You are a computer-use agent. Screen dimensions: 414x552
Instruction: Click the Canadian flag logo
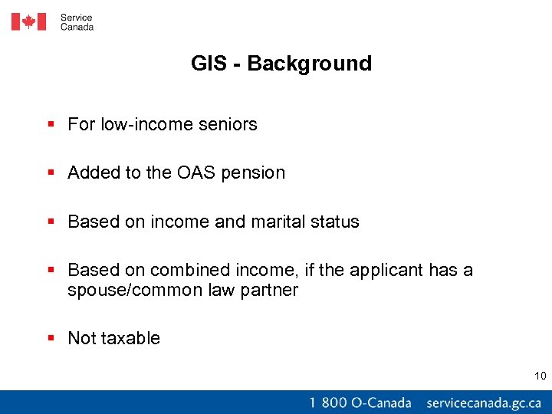[28, 21]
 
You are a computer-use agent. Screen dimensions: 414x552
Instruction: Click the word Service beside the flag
[77, 17]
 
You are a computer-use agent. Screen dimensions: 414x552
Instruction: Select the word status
[334, 222]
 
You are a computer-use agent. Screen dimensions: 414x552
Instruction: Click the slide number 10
[540, 376]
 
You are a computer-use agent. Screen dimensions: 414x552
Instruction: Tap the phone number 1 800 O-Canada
[360, 402]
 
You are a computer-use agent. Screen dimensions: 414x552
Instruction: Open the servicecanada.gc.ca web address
[484, 402]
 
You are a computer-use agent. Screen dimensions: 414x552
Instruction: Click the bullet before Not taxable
[51, 338]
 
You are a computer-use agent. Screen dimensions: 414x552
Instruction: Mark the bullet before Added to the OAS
[51, 172]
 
